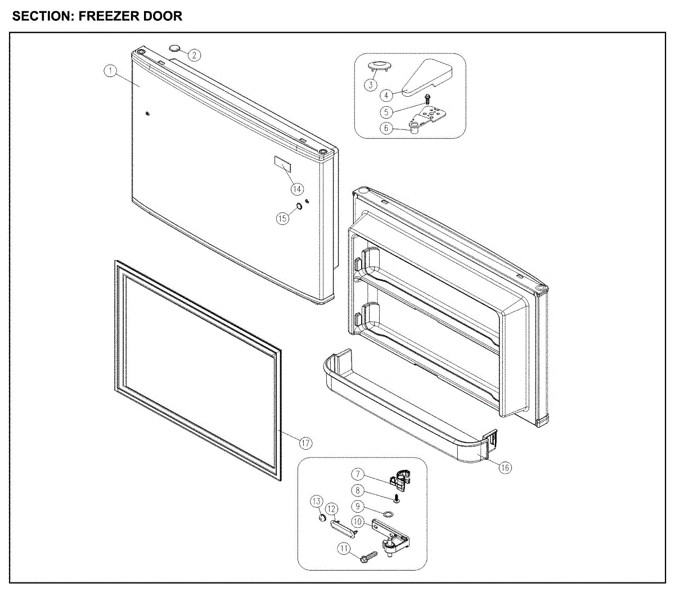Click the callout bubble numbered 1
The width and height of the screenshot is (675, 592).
click(x=111, y=71)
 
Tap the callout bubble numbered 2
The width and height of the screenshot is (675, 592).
click(x=194, y=55)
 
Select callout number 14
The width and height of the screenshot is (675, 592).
click(x=297, y=189)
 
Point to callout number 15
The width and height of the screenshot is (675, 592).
click(x=283, y=217)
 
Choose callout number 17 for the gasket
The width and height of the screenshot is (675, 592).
click(x=305, y=444)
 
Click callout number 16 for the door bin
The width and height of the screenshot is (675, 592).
click(x=505, y=467)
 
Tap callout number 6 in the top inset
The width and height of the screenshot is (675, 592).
click(x=386, y=128)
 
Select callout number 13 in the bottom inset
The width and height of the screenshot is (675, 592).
click(x=317, y=501)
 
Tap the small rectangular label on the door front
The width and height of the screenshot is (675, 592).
click(x=283, y=164)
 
